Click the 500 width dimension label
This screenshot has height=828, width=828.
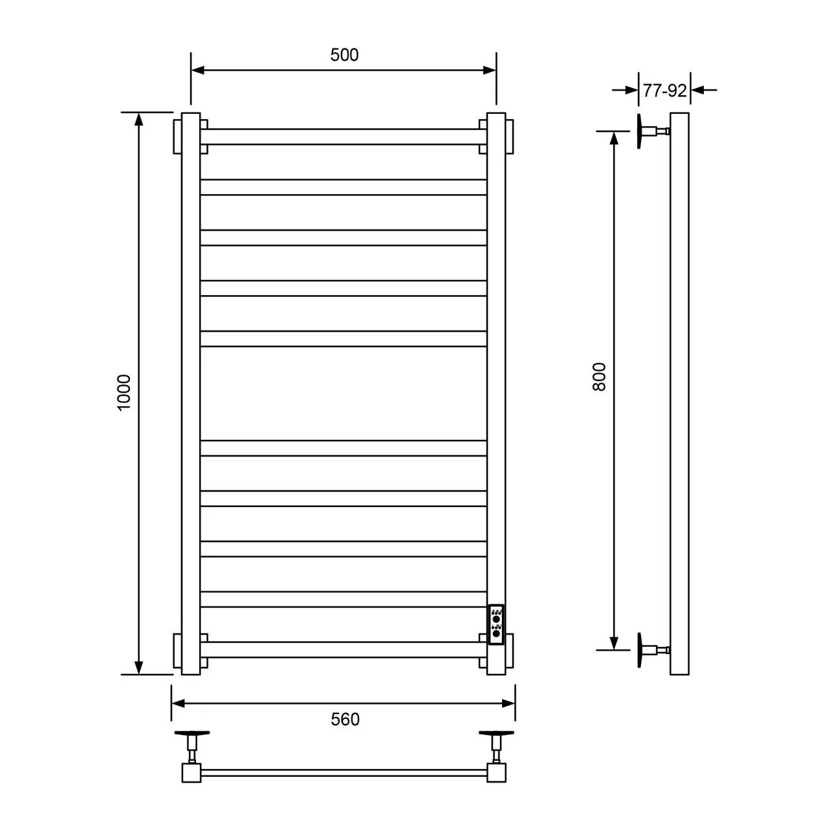344,55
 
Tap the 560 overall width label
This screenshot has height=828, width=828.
345,719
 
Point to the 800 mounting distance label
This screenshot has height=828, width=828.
599,376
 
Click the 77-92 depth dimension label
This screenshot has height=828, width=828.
665,91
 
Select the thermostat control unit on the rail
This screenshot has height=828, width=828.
496,625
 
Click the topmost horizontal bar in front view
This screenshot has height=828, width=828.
343,136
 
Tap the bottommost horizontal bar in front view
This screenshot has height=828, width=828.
343,649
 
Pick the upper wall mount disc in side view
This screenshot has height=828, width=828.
640,132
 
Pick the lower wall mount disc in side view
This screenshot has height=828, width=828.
640,650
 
